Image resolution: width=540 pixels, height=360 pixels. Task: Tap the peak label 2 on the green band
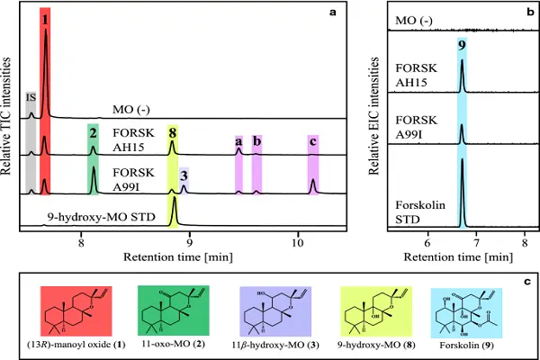(x=92, y=132)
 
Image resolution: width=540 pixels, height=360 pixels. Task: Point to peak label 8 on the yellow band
(x=173, y=132)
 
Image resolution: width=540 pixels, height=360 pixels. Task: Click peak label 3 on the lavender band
(x=184, y=175)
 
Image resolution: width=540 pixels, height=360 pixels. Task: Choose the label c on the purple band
(x=313, y=141)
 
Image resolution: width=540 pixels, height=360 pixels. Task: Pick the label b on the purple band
(x=256, y=141)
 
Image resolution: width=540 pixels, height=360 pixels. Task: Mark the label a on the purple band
(x=238, y=141)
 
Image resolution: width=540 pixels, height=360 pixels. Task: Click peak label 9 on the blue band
(x=462, y=45)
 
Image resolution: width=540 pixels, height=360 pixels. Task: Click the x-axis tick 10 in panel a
(x=298, y=241)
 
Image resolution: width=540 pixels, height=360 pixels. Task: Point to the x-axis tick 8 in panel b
(x=524, y=241)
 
